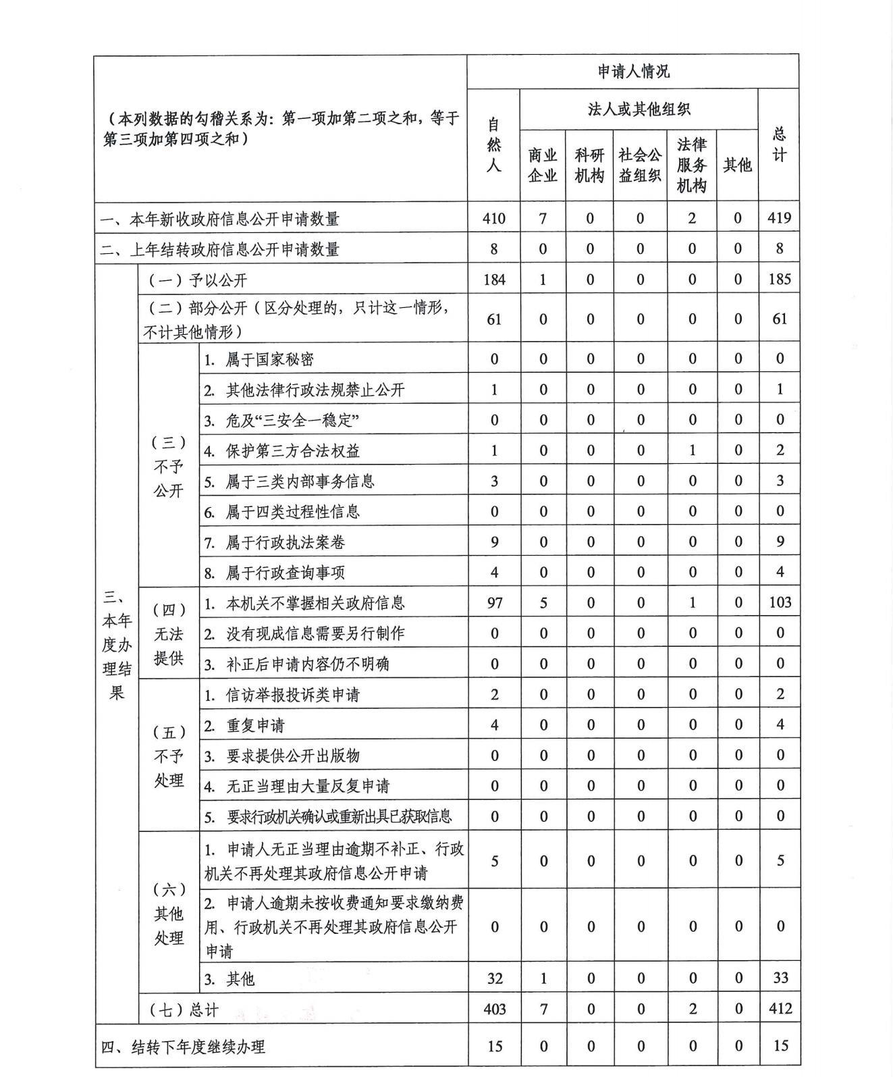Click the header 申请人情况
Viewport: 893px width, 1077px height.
pyautogui.click(x=632, y=72)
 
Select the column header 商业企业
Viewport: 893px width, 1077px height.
pyautogui.click(x=543, y=165)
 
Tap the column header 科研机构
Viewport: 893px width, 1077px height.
pyautogui.click(x=589, y=165)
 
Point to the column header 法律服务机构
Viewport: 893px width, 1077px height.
pyautogui.click(x=691, y=165)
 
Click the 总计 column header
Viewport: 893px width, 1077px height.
pyautogui.click(x=779, y=144)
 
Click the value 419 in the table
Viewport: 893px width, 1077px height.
pyautogui.click(x=779, y=218)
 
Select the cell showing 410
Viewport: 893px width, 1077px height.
pyautogui.click(x=493, y=218)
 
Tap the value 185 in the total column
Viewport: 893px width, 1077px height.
pyautogui.click(x=779, y=279)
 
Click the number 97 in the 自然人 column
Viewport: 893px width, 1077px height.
pyautogui.click(x=494, y=602)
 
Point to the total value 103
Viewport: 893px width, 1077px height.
pyautogui.click(x=780, y=602)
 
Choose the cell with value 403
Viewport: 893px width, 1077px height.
pyautogui.click(x=494, y=1009)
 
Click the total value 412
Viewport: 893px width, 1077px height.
pyautogui.click(x=780, y=1009)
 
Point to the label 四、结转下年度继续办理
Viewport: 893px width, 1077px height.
pyautogui.click(x=183, y=1047)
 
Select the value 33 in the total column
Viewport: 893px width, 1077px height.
pyautogui.click(x=780, y=978)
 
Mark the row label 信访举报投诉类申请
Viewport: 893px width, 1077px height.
pyautogui.click(x=292, y=695)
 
